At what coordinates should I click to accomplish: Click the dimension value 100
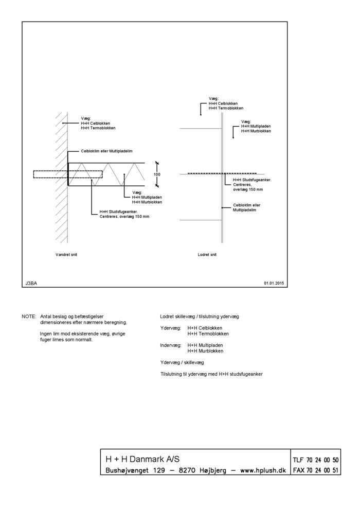(157, 174)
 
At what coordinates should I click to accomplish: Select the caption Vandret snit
(66, 254)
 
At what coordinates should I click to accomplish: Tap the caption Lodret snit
(207, 254)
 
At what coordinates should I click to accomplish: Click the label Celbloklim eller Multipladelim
(106, 151)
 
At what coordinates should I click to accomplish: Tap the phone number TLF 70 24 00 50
(315, 460)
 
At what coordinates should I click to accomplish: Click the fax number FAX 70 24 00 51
(315, 470)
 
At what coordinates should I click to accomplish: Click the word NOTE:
(29, 316)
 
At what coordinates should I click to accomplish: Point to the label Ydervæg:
(170, 328)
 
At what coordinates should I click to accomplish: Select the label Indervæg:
(171, 345)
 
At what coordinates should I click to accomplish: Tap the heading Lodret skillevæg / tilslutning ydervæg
(200, 316)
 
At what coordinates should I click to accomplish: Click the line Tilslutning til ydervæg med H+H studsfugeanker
(211, 374)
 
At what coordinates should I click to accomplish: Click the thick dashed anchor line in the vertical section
(222, 173)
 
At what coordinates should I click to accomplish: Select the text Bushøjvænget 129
(135, 470)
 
